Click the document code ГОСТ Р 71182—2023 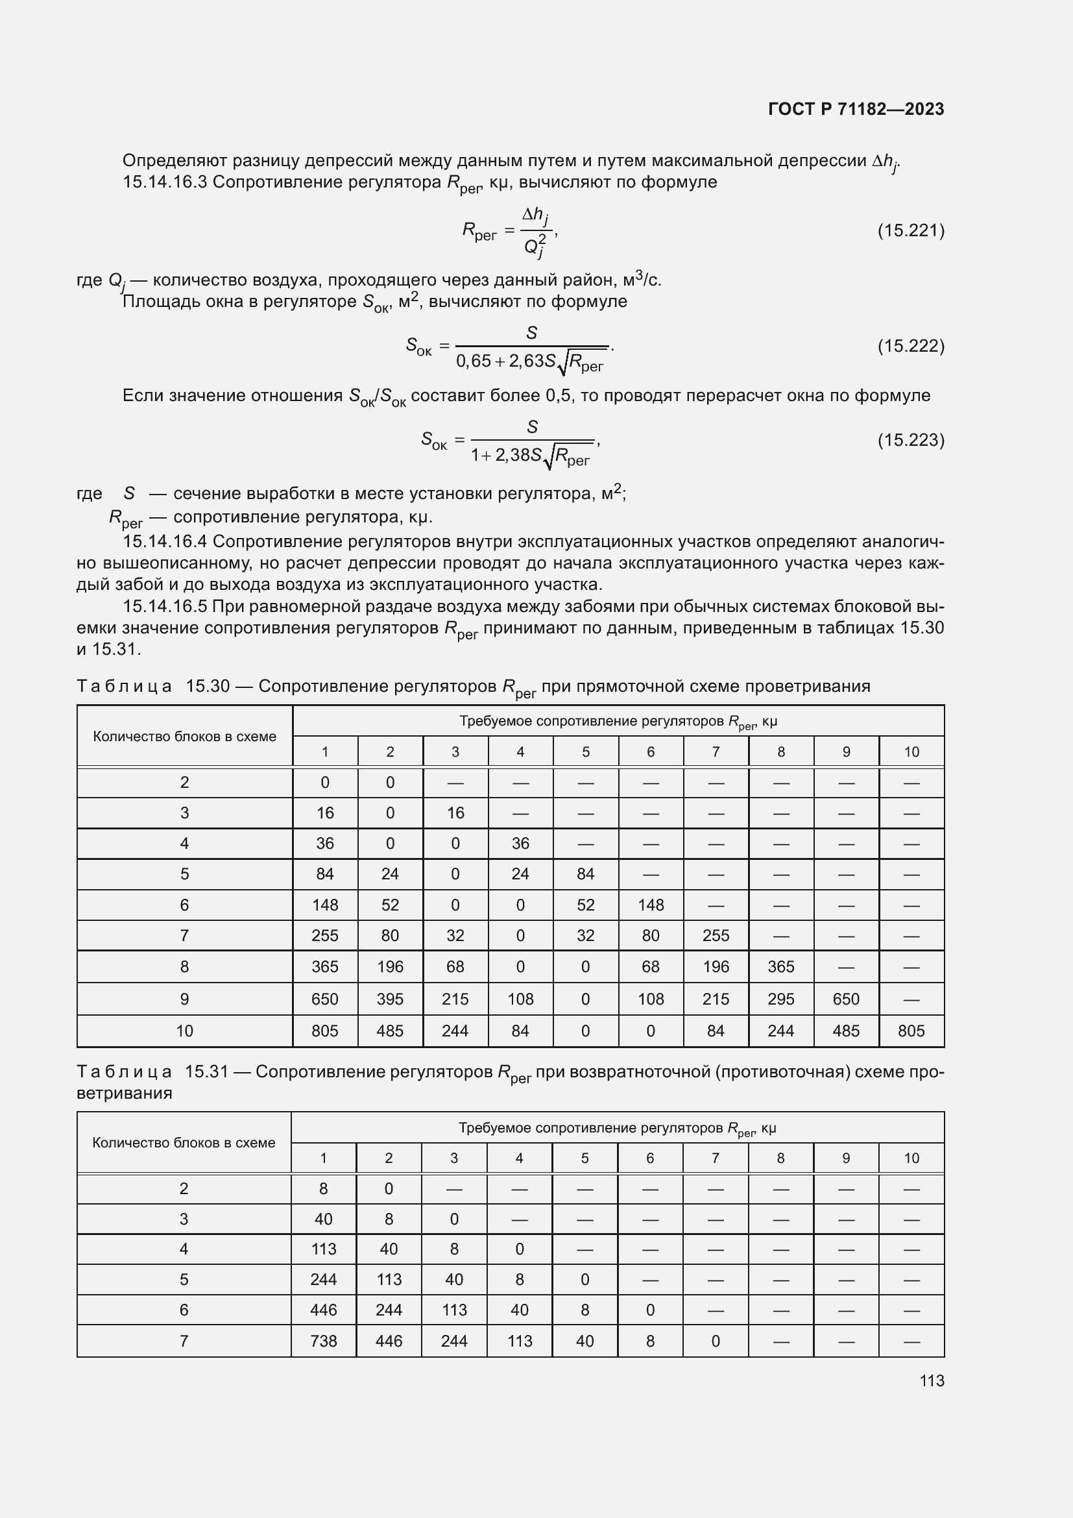(856, 109)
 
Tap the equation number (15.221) (910, 230)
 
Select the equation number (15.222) (910, 346)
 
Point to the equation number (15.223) (910, 439)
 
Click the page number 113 (932, 1380)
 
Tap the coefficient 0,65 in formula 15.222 (474, 361)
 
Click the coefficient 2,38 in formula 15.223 (512, 455)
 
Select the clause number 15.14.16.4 (165, 541)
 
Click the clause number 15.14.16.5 (165, 606)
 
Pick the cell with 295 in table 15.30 (780, 999)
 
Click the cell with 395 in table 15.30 (390, 999)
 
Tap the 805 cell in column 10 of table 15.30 (911, 1031)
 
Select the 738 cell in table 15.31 (323, 1341)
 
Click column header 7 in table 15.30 (716, 752)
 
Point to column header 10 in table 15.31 (911, 1158)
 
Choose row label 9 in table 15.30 (184, 999)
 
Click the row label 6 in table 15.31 (184, 1310)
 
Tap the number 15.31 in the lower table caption (206, 1071)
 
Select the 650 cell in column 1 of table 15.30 (324, 999)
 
